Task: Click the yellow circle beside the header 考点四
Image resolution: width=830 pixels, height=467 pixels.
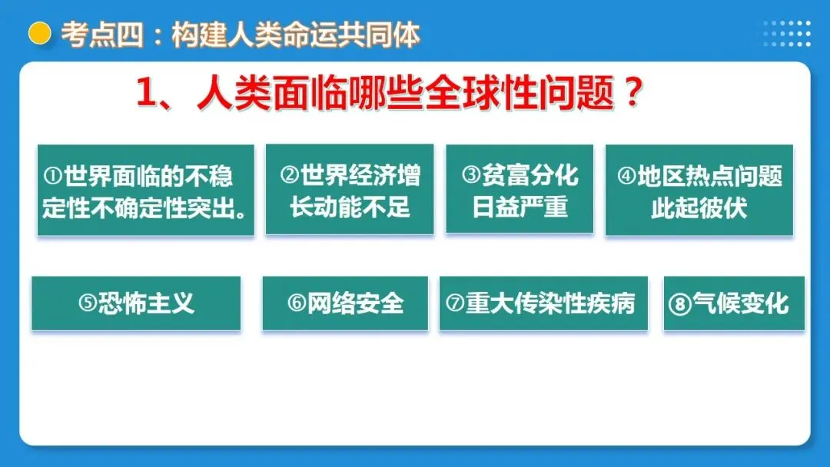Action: pos(39,34)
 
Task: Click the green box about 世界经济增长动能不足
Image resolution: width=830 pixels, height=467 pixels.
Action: pos(350,190)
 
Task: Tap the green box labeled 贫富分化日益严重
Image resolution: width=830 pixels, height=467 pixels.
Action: pos(520,190)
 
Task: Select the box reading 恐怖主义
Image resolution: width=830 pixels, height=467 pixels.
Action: pos(136,303)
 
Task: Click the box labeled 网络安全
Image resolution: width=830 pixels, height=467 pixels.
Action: pos(345,303)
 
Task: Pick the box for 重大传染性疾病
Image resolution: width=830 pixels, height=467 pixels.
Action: pos(543,303)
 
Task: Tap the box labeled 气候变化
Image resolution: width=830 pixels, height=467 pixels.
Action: pos(734,303)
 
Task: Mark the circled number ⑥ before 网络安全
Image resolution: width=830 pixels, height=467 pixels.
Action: pos(297,304)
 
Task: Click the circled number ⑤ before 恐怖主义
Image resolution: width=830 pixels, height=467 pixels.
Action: pos(88,304)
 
